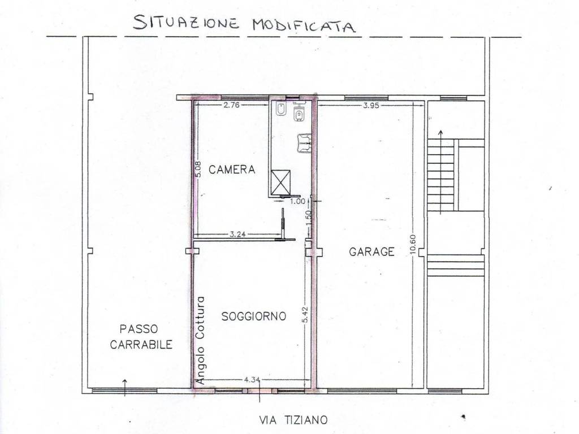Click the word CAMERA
pos(232,169)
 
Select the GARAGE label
pos(371,252)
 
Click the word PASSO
pos(139,329)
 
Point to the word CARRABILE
pos(141,345)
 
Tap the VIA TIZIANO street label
pos(293,419)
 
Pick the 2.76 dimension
pos(232,105)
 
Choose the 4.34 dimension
pos(252,380)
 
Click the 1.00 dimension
pos(297,200)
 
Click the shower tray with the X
pos(280,181)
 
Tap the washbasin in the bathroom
pos(304,143)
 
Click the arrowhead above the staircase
pos(441,133)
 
